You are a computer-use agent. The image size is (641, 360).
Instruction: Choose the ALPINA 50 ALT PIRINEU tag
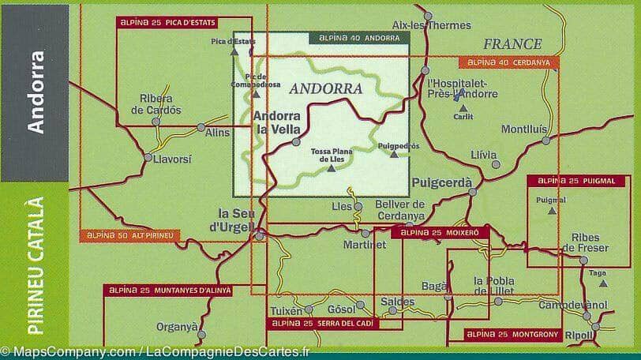click(131, 235)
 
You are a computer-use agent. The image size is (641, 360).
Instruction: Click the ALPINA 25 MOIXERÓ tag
click(440, 233)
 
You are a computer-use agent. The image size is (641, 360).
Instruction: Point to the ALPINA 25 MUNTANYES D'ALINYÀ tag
click(169, 291)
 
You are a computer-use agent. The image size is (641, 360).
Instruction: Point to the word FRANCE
click(512, 44)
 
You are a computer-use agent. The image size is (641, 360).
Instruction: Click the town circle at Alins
click(201, 126)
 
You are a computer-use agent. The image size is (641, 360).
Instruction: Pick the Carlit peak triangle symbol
click(459, 96)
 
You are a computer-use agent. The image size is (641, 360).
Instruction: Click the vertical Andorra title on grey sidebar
click(34, 92)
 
